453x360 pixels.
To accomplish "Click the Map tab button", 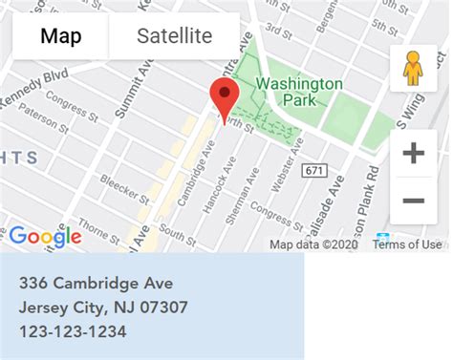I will click(60, 37).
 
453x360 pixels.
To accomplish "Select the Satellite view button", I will click(174, 37).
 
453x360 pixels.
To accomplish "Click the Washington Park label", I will click(298, 93).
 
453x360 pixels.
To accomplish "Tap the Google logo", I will click(45, 237).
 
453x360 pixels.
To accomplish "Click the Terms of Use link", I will click(407, 244).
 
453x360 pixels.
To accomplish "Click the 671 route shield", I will click(313, 170).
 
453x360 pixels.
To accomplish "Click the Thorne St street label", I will click(98, 226).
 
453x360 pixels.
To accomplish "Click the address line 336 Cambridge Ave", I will click(96, 284).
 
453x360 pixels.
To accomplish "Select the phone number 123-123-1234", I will click(73, 331).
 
